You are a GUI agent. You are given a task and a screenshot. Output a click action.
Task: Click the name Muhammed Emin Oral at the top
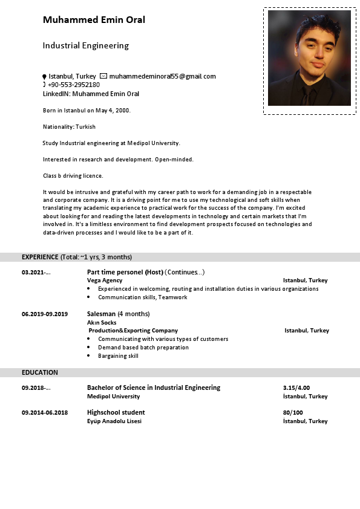point(94,20)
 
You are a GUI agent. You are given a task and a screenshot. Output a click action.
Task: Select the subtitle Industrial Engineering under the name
point(85,45)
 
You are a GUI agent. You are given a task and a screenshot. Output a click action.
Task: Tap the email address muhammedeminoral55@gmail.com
point(162,76)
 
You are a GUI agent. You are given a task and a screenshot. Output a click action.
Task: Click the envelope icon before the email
point(103,76)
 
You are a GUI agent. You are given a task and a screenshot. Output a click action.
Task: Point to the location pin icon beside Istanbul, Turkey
point(44,77)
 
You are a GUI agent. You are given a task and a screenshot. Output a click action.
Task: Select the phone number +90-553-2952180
point(74,85)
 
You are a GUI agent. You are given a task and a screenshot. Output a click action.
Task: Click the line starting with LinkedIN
point(91,94)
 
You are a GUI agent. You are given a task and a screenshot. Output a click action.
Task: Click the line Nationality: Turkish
point(69,127)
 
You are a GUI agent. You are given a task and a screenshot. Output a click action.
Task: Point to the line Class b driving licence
point(73,176)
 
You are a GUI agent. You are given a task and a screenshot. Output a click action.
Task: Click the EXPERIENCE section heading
point(40,257)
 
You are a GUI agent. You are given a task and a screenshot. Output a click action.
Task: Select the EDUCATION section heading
point(40,372)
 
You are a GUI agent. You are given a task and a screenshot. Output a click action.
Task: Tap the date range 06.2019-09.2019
point(45,314)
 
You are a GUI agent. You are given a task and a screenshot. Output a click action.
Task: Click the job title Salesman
point(101,314)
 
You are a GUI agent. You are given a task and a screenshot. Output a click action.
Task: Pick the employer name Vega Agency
point(105,280)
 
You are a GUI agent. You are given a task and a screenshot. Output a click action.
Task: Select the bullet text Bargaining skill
point(118,356)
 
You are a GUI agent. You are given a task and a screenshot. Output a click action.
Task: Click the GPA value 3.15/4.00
point(296,387)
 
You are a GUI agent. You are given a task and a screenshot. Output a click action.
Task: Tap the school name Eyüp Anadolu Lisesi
point(114,421)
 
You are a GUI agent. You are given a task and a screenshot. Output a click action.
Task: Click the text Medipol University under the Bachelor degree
point(113,397)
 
